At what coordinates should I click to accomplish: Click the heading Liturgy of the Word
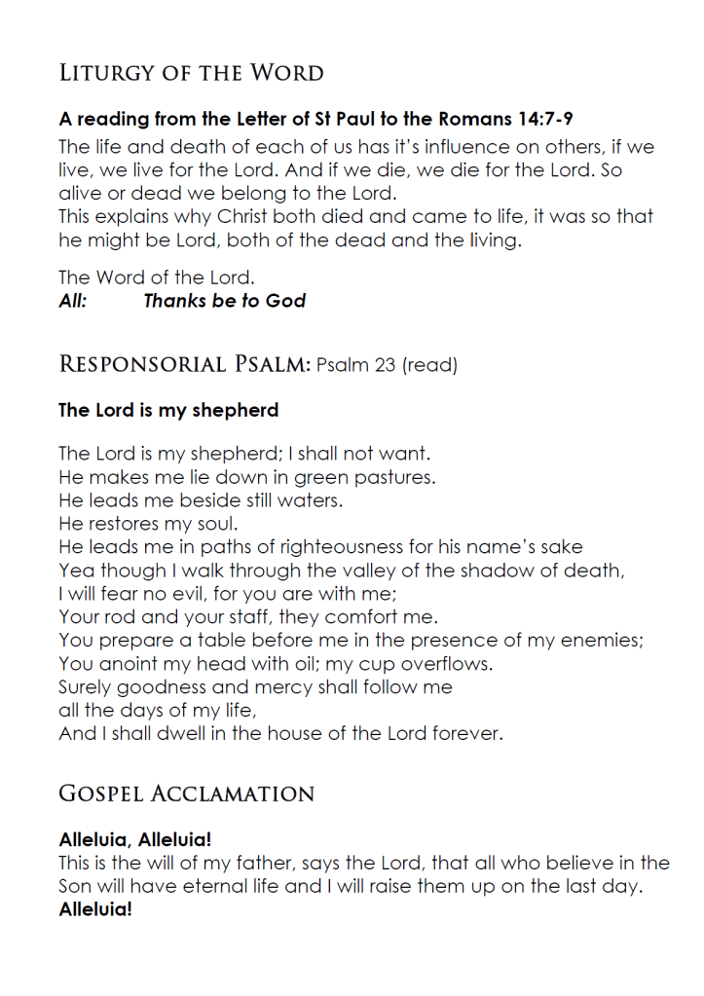coord(191,73)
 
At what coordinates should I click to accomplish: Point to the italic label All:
coord(73,301)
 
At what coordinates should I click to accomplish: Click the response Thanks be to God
coord(225,301)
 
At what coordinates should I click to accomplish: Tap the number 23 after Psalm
coord(382,366)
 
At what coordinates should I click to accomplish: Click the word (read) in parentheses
coord(429,366)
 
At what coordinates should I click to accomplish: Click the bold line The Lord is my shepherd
coord(168,410)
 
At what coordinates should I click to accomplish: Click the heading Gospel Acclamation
coord(187,794)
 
